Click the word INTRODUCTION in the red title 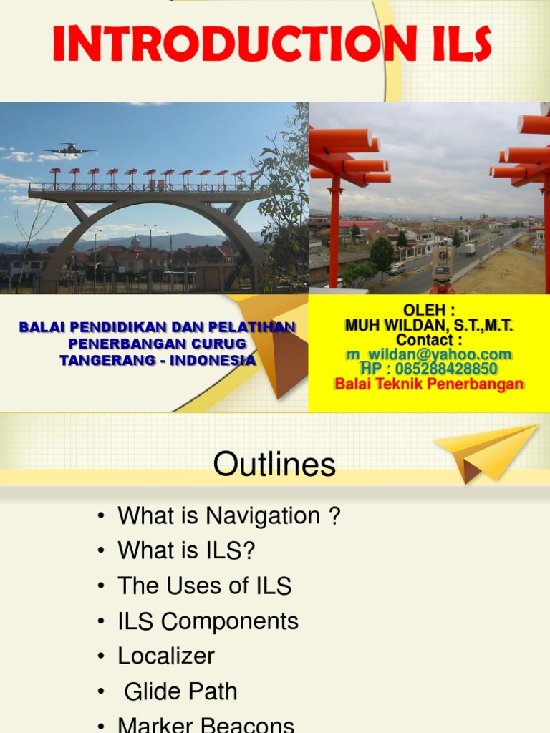coord(231,44)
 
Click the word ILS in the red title coord(455,44)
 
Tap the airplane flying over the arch coord(69,149)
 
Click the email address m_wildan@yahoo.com coord(428,354)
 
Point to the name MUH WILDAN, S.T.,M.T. coord(428,325)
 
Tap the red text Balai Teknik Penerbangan coord(428,384)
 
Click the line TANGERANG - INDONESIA coord(157,360)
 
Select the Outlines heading coord(274,465)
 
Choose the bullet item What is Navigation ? coord(228,515)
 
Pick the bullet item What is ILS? coord(186,550)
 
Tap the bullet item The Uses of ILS coord(204,586)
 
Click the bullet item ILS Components coord(208,621)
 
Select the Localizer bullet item coord(166,656)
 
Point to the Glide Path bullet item coord(180,691)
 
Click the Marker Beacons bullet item coord(206,724)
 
